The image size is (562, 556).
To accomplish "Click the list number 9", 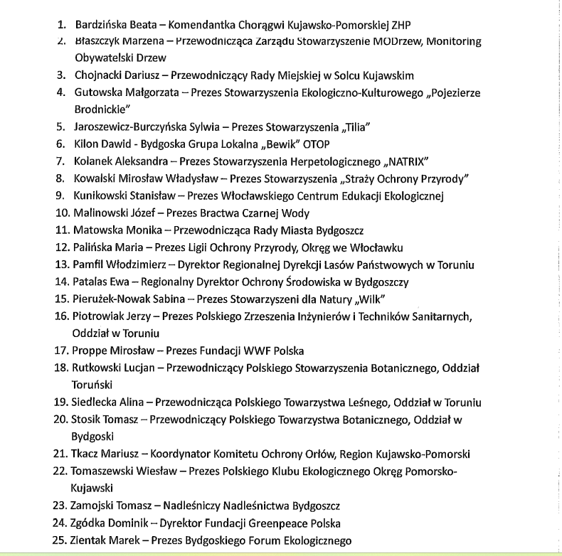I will coord(61,196).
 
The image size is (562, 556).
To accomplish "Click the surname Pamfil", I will coord(90,265).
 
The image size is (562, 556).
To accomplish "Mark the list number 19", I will coord(60,402).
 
